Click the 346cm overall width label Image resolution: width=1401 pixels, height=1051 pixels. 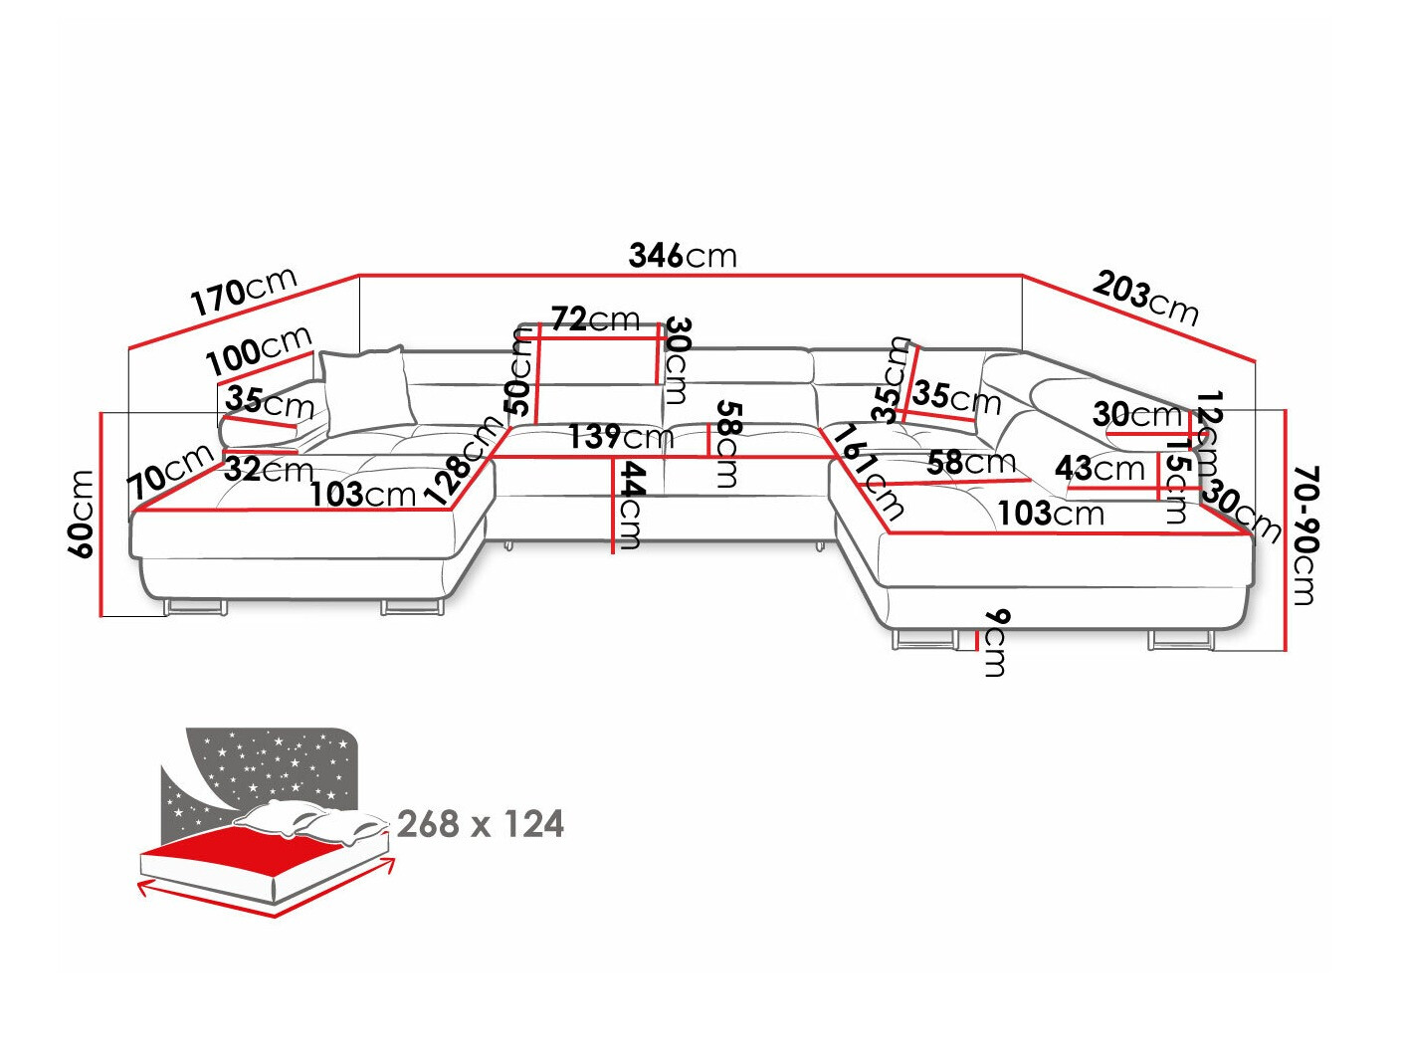point(683,256)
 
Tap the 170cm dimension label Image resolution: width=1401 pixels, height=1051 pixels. point(244,291)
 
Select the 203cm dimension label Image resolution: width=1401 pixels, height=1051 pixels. point(1145,298)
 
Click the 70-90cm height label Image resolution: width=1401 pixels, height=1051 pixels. point(1304,534)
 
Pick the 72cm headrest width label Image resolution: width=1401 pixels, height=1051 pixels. point(595,319)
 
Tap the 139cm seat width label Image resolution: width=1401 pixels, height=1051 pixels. point(620,436)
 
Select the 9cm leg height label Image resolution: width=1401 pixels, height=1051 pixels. point(994,643)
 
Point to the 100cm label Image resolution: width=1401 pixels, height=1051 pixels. point(259,350)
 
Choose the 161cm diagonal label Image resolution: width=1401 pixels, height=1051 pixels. point(869,472)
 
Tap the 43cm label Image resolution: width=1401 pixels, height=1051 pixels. point(1100,468)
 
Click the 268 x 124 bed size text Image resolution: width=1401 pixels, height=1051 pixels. point(480,824)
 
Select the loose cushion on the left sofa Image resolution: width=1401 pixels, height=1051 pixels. point(365,390)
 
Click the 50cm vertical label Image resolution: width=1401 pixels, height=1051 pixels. point(519,370)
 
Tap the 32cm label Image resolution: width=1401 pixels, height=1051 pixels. point(268,469)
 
